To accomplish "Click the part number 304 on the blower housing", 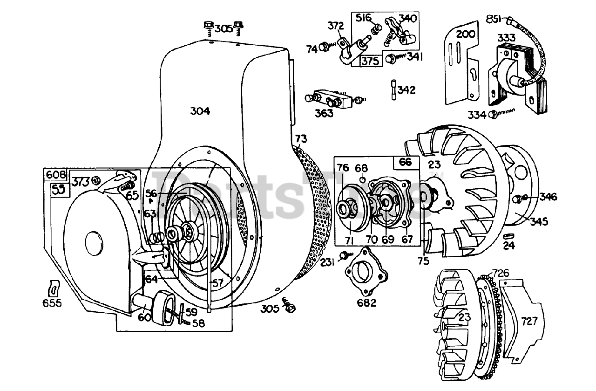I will tap(200, 111).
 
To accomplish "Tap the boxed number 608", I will tap(55, 175).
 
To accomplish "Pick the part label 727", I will tap(529, 321).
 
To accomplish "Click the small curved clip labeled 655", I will tap(54, 288).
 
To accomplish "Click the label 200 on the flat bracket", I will tap(465, 34).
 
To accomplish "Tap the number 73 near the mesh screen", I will tap(301, 138).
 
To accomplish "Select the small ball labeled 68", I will tap(362, 179).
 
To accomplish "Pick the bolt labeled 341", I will tap(391, 58).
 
